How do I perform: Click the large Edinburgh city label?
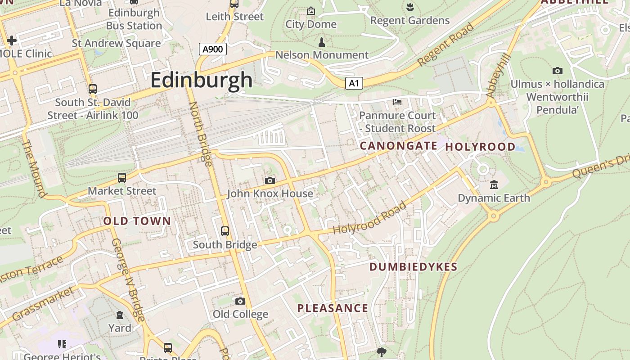201,81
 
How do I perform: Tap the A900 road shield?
212,49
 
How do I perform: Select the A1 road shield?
354,83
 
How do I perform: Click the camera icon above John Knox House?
270,181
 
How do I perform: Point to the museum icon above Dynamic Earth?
494,185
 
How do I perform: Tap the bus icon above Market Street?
122,178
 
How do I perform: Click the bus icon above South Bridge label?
225,231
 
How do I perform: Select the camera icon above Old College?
240,301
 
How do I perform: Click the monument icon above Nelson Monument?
321,43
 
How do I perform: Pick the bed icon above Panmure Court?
397,103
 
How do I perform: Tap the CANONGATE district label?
398,146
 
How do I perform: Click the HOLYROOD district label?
480,147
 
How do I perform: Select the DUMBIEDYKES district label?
413,267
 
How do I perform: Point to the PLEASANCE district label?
333,308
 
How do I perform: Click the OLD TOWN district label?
137,221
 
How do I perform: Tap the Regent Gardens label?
409,20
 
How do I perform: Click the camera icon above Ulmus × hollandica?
557,71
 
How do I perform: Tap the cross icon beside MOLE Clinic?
12,40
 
